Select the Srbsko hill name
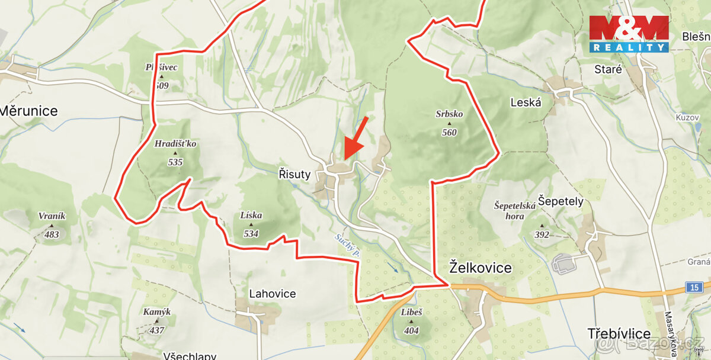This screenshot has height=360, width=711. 449,114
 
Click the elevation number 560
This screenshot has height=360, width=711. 449,133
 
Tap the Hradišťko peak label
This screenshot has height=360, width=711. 175,144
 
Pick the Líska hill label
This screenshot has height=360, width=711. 251,216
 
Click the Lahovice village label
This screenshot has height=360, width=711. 272,294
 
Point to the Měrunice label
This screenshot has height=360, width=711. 28,111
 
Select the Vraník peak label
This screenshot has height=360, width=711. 52,216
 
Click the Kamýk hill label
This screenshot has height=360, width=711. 156,312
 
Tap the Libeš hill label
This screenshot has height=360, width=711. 411,312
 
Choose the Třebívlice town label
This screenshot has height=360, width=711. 620,333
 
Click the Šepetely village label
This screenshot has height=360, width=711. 561,201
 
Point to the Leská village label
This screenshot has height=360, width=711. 526,102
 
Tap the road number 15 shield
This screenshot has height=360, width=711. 694,287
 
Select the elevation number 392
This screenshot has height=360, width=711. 542,235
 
